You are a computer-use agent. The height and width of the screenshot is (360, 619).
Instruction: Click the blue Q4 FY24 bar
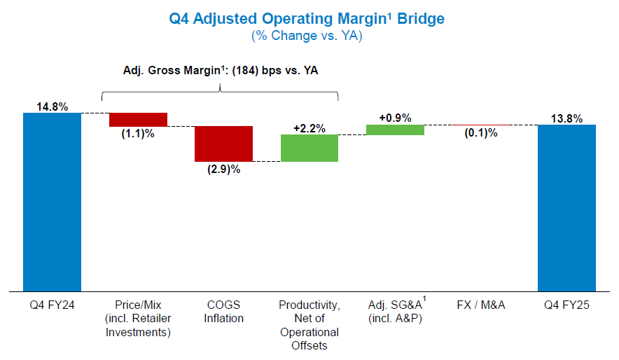coord(52,201)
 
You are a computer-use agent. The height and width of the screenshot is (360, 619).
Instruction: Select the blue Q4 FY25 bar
coord(566,207)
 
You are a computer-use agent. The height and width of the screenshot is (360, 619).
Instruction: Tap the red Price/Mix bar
coord(138,119)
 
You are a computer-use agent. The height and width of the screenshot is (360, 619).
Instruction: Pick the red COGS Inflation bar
coord(223,144)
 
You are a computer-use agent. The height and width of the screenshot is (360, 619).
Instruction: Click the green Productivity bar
coord(309,148)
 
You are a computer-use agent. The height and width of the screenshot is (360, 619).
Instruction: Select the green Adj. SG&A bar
coord(395,130)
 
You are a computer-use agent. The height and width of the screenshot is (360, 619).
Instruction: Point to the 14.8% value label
coord(53,107)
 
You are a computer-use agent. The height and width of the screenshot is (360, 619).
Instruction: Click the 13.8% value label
coord(566,118)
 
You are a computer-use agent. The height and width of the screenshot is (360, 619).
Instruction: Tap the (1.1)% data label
coord(138,134)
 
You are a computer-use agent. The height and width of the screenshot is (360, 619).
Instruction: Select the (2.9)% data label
coord(223,169)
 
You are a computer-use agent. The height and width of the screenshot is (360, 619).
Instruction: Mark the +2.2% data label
coord(309,128)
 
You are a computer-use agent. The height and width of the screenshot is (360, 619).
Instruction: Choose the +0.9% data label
coord(395,118)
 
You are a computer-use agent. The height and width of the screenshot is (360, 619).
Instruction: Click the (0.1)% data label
coord(481,133)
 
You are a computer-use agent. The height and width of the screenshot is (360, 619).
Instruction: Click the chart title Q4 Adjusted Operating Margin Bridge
coord(307,18)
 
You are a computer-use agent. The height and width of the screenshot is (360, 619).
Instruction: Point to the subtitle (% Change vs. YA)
coord(307,35)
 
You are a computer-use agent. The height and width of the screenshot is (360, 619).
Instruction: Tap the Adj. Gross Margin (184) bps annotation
coord(220,70)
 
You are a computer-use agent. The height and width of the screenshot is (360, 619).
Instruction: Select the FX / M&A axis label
coord(481,305)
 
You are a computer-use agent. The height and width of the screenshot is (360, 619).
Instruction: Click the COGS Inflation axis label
coord(223,312)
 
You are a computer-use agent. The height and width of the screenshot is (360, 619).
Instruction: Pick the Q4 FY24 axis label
coord(52,305)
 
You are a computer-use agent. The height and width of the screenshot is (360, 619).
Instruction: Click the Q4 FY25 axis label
coord(566,305)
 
